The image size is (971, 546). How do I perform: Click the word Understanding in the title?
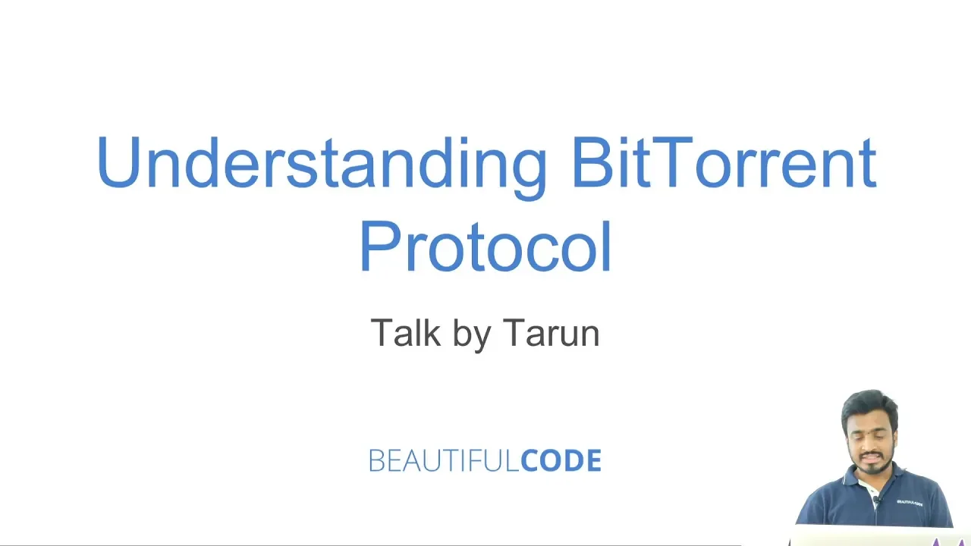click(x=321, y=168)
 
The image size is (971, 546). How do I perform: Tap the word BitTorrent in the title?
click(x=724, y=162)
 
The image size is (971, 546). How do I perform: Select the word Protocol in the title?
click(x=485, y=246)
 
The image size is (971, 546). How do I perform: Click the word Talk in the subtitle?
click(x=405, y=332)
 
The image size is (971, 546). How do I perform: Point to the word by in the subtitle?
click(x=472, y=334)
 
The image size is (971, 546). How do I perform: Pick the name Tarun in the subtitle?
click(x=551, y=332)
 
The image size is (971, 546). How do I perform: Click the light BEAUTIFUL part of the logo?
click(x=444, y=460)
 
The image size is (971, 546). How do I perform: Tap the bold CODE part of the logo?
click(x=561, y=460)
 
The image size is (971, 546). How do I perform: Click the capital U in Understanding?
click(x=118, y=162)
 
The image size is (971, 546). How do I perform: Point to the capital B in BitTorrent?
click(x=592, y=162)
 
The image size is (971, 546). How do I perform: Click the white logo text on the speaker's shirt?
click(x=910, y=503)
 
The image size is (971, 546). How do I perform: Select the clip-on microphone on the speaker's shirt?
click(x=876, y=500)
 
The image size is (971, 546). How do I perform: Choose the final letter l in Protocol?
click(x=607, y=246)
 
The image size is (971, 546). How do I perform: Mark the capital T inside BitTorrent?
click(x=671, y=162)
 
